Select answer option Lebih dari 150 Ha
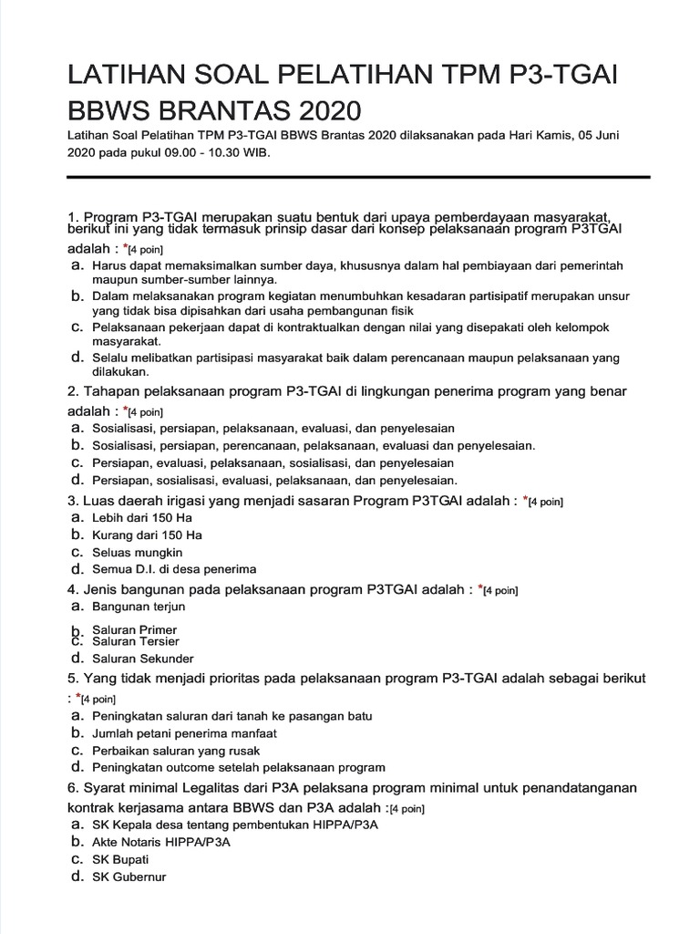141,518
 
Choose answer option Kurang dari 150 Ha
147,535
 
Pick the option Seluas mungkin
137,553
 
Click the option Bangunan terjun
139,607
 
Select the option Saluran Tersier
136,641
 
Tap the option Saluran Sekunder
142,659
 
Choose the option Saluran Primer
135,629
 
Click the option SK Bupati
120,860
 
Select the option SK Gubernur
129,877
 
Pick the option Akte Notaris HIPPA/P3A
161,843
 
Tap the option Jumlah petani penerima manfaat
184,733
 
